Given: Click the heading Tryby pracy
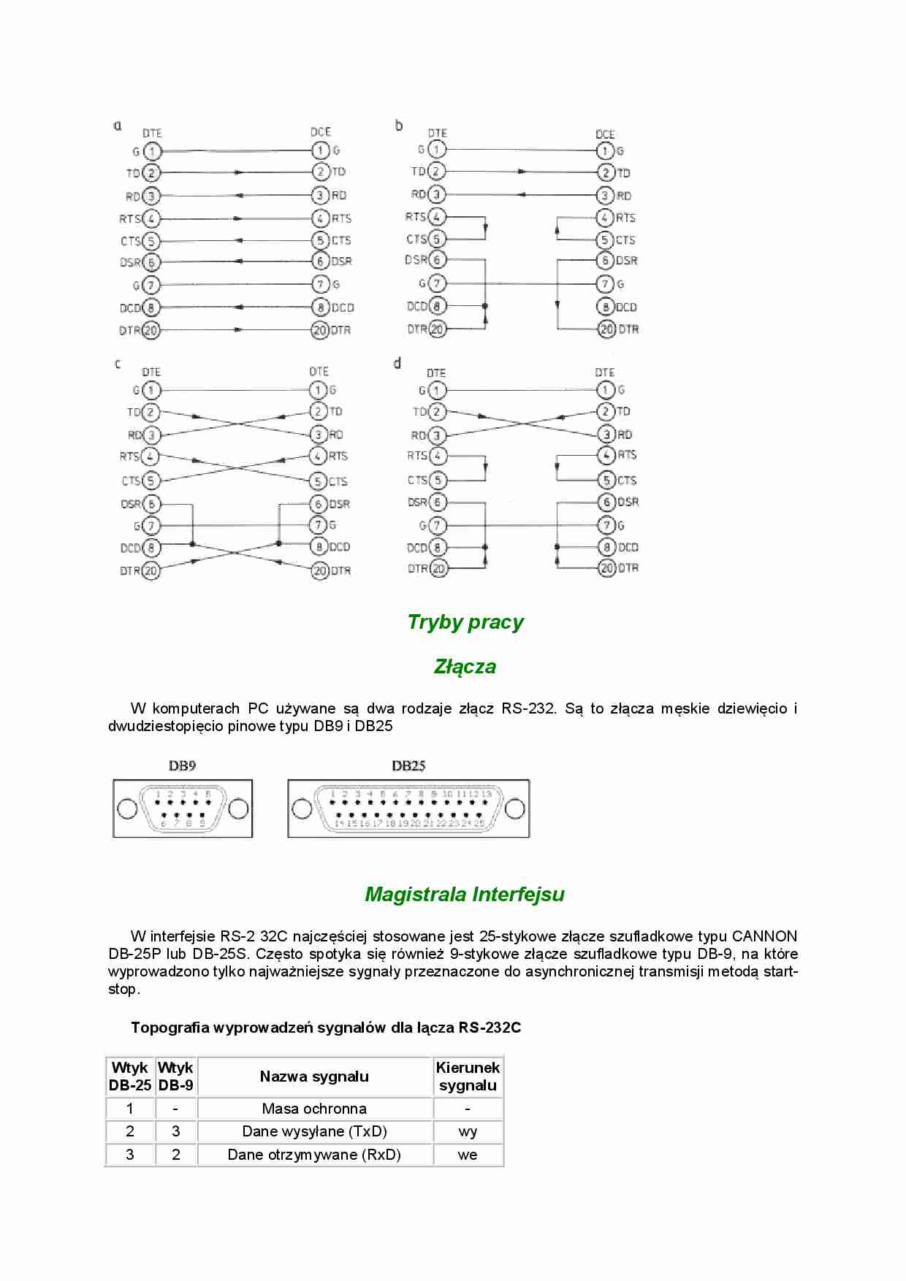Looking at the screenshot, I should [465, 622].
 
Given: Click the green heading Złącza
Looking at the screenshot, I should [465, 667].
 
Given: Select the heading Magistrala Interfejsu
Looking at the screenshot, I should [465, 895].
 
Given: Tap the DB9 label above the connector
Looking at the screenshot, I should [182, 766].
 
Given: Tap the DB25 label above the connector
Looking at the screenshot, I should [408, 766].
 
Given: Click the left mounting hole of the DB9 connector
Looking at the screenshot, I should [127, 808].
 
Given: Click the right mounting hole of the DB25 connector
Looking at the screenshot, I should [514, 808].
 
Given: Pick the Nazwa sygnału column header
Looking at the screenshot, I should [314, 1077].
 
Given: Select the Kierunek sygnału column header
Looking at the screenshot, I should [468, 1077].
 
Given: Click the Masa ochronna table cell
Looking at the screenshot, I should [314, 1109].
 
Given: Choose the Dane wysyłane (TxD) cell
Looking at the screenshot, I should [314, 1131].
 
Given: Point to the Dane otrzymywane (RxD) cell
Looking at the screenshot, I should [314, 1155].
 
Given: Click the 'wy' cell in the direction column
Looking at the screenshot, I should [468, 1131].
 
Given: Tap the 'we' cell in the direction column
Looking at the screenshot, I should [468, 1155].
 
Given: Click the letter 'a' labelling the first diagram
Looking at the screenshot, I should [117, 126].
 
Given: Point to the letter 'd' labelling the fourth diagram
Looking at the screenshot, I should [397, 363].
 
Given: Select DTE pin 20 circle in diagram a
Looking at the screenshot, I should [151, 330].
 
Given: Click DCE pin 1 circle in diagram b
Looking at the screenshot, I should [605, 151].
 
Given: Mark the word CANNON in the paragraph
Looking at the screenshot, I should [764, 936].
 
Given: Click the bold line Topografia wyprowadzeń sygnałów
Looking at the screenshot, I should [326, 1028].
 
